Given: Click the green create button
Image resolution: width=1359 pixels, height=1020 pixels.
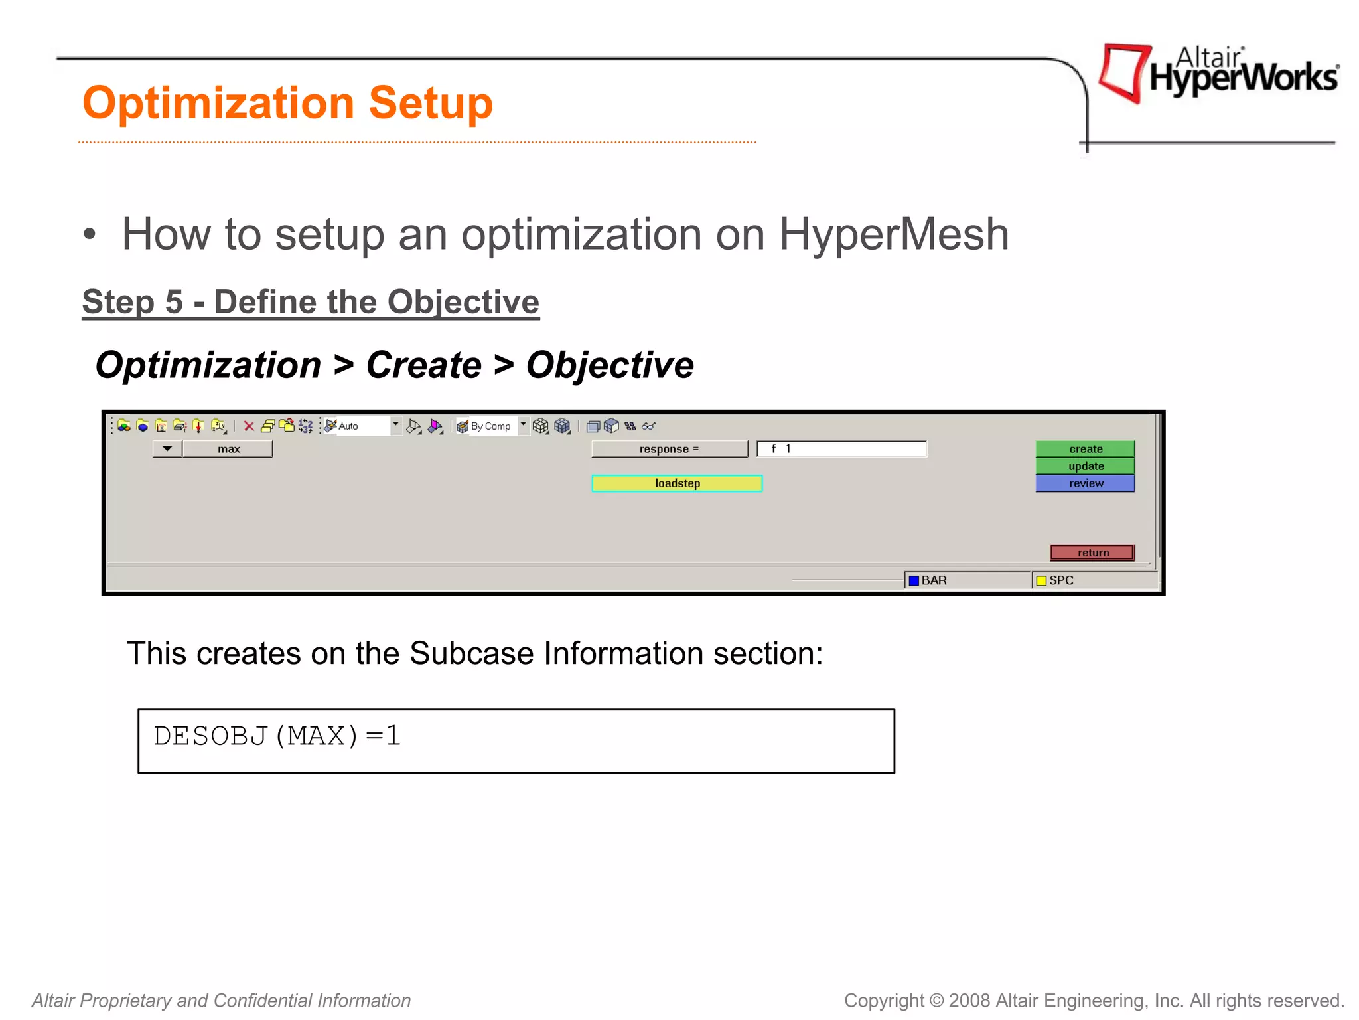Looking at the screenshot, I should coord(1085,449).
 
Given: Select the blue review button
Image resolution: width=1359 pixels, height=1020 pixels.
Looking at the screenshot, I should coord(1085,483).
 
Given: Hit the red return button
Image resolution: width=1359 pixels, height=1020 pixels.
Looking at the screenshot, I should coord(1092,552).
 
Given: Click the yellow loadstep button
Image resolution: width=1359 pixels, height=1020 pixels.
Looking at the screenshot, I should coord(677,483).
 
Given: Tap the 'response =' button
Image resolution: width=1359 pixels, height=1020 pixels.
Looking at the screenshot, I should coord(669,449).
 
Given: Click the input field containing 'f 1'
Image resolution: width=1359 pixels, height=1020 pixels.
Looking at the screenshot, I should coord(841,449).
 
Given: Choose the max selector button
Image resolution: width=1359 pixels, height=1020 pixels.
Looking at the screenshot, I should coord(228,449).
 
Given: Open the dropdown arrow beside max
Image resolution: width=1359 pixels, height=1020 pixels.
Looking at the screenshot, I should coord(167,449).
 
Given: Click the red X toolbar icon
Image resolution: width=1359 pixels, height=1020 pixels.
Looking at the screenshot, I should coord(249,426).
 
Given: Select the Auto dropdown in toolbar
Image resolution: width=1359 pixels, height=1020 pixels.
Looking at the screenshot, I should coord(364,426).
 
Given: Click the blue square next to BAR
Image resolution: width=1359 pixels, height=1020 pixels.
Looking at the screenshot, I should coord(914,580).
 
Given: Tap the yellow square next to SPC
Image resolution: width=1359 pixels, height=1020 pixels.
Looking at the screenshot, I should coord(1041,580).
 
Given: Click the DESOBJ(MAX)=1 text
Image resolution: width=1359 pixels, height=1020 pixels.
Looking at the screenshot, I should coord(277,736).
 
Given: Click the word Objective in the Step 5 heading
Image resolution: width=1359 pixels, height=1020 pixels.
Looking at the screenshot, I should coord(463,302).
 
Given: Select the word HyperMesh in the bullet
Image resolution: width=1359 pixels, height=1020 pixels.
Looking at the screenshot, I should coord(893,234).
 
